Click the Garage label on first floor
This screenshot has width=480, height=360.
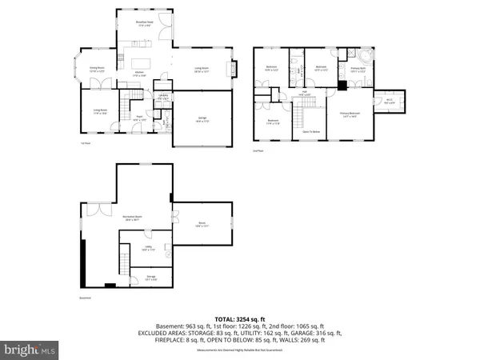pos(202,118)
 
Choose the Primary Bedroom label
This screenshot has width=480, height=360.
pos(349,115)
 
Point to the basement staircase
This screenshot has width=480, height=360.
pos(124,261)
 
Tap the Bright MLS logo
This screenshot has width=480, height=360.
pos(30,350)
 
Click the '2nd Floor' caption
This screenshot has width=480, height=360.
pos(258,150)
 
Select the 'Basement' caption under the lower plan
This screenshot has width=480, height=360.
pos(85,297)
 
